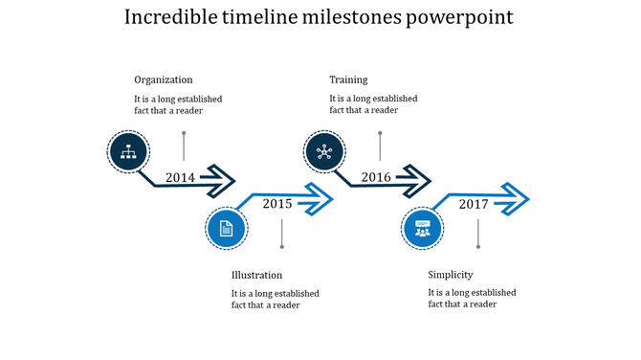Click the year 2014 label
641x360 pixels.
180,177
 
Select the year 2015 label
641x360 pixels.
277,203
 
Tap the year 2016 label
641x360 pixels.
376,177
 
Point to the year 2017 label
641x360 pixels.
474,204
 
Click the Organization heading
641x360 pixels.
164,79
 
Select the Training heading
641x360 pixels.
348,79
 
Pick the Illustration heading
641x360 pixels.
256,275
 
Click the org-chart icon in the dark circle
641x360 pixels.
127,150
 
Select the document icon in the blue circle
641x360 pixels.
227,228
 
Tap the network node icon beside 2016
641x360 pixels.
324,150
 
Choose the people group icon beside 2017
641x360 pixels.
423,228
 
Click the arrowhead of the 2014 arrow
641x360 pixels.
220,179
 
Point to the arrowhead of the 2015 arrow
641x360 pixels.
319,199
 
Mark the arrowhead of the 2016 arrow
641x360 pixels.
417,179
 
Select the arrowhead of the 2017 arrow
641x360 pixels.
515,199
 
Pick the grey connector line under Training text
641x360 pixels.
380,146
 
